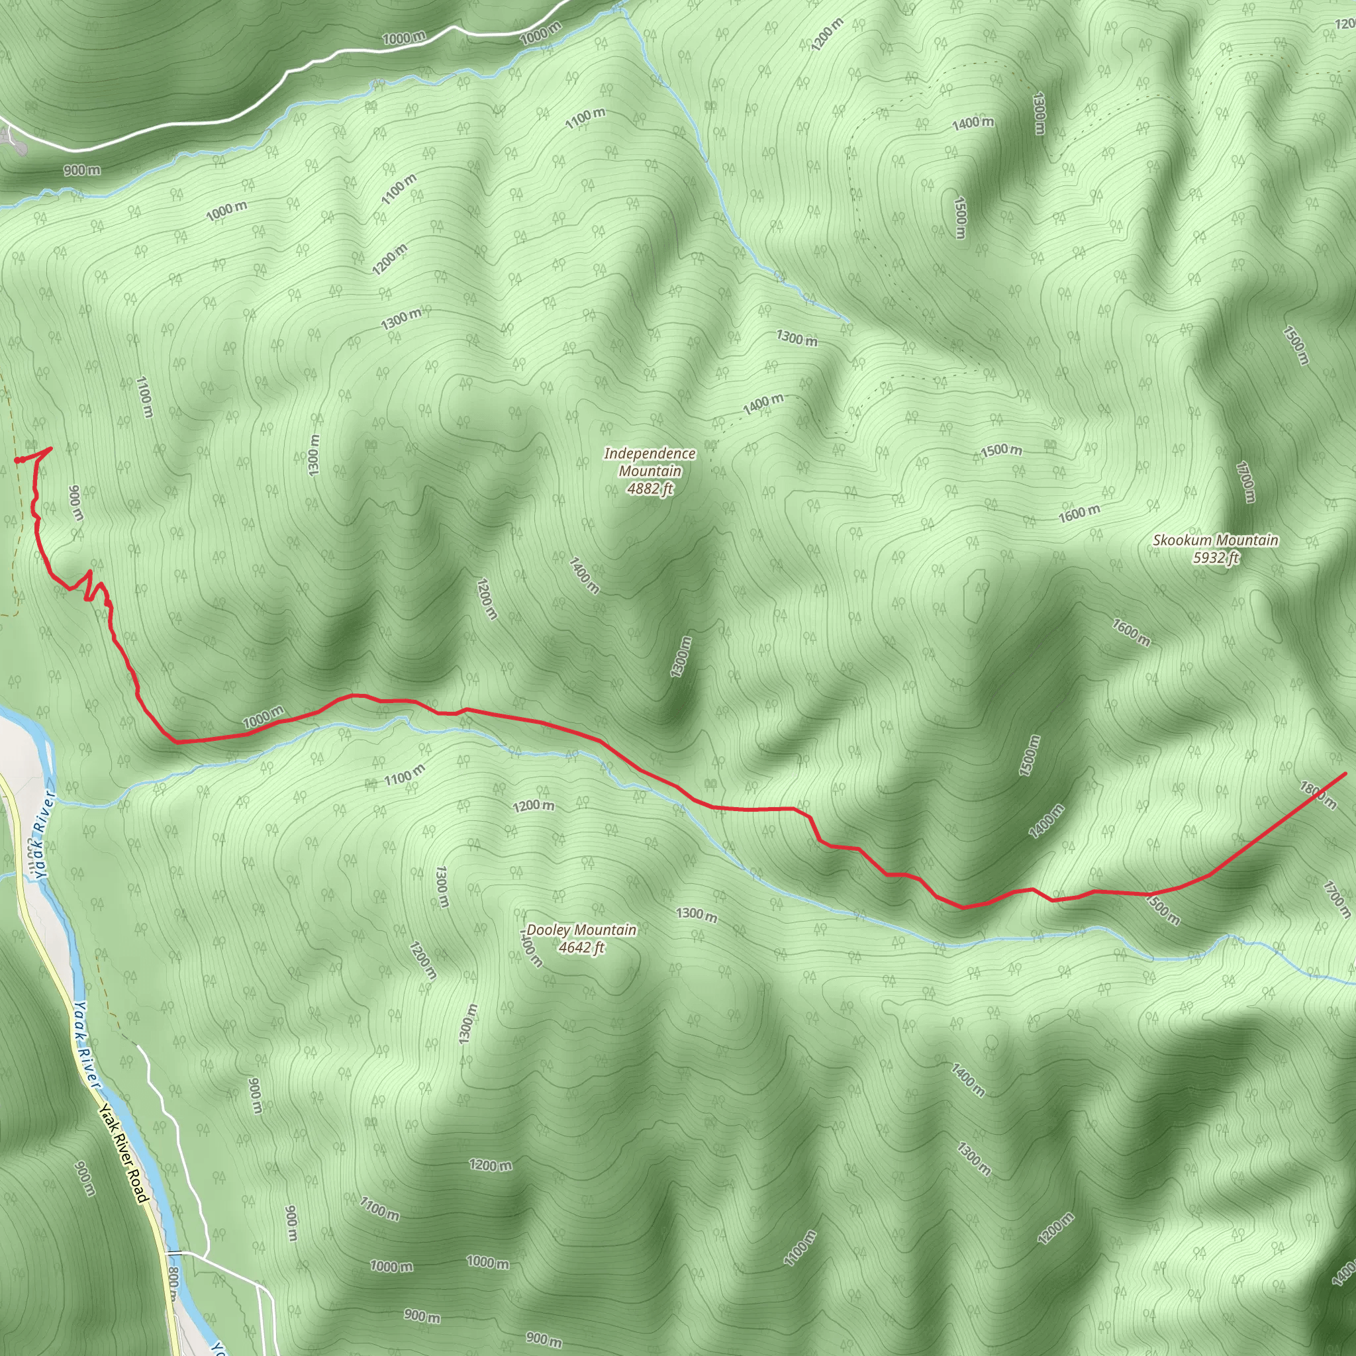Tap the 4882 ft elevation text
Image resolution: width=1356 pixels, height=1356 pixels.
click(x=650, y=489)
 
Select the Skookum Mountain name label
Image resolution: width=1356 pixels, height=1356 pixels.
click(x=1215, y=540)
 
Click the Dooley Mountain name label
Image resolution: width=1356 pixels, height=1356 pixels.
click(x=581, y=930)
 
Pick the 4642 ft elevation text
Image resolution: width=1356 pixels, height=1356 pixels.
click(x=581, y=947)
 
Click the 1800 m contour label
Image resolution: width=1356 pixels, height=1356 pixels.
click(x=1318, y=795)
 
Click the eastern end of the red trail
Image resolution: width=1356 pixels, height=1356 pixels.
click(x=1345, y=773)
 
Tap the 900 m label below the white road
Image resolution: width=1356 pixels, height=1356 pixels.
click(x=82, y=171)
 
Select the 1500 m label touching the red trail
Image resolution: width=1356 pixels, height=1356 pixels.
click(x=1161, y=909)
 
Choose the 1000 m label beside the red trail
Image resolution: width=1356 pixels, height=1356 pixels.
click(x=264, y=717)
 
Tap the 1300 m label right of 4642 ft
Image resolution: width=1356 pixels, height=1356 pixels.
click(x=697, y=914)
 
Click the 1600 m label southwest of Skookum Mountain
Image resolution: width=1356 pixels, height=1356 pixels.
click(x=1131, y=632)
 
